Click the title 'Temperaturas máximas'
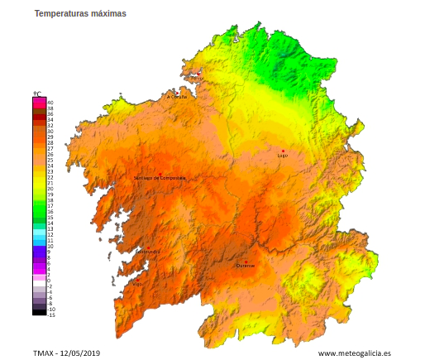point(80,14)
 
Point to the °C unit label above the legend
point(37,94)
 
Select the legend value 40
point(50,102)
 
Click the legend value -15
point(51,314)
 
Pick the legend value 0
point(50,281)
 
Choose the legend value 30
point(50,131)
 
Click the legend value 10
point(50,246)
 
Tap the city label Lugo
point(283,156)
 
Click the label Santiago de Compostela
point(160,178)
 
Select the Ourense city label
point(246,266)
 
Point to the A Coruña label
point(177,97)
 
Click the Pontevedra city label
point(148,251)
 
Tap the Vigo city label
point(136,284)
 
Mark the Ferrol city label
point(197,78)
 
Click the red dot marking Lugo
point(283,151)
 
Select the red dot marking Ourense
point(246,261)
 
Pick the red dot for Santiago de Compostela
point(160,173)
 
